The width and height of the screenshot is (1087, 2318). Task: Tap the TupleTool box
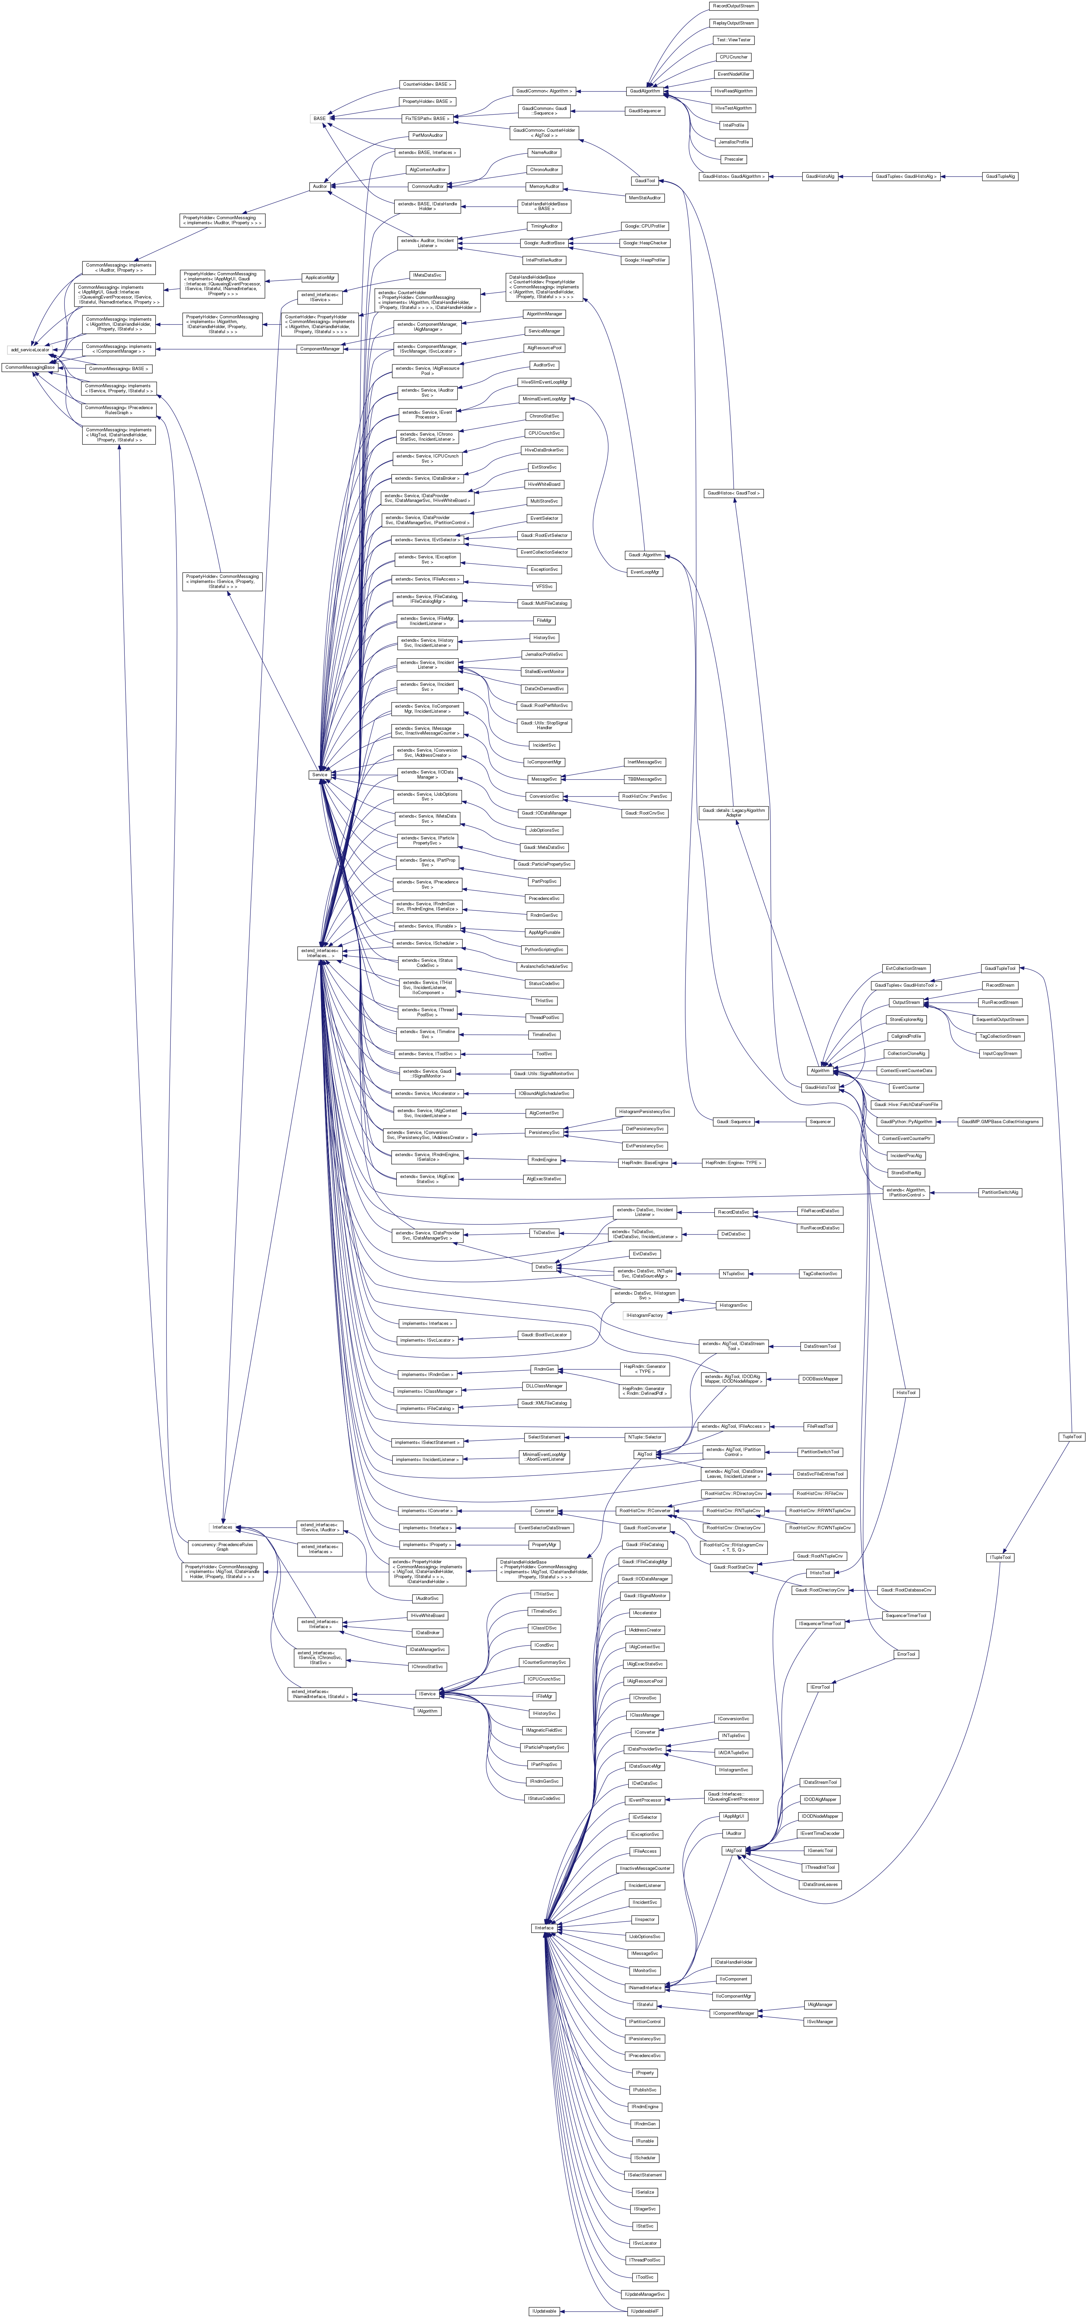point(1071,1436)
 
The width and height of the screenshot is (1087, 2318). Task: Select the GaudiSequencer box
point(644,111)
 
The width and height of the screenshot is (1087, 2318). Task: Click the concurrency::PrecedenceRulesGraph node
point(222,1546)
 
